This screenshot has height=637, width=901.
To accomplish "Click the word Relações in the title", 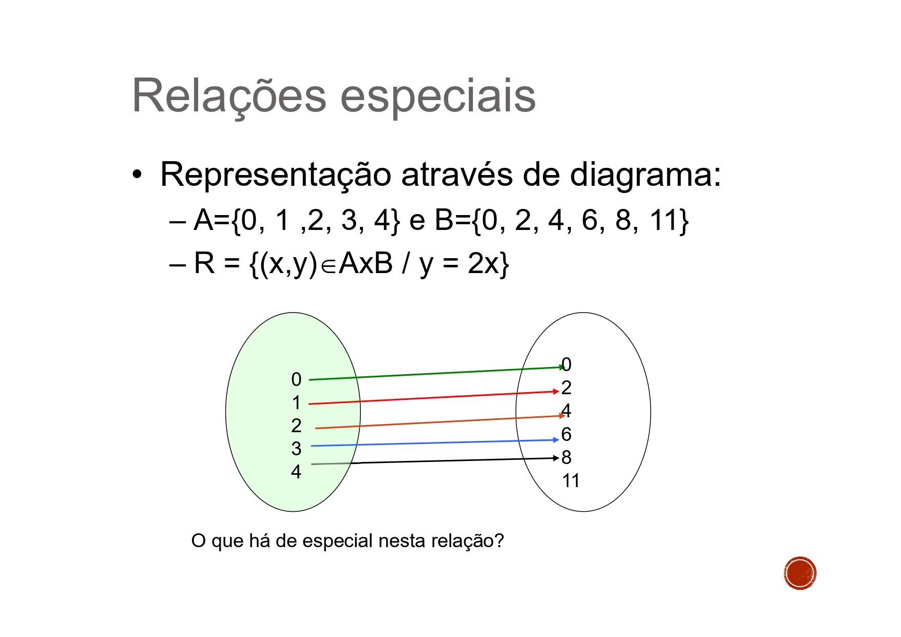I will pyautogui.click(x=229, y=96).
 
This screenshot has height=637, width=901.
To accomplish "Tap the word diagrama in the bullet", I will pyautogui.click(x=642, y=175).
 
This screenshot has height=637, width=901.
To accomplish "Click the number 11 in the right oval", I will pyautogui.click(x=570, y=481).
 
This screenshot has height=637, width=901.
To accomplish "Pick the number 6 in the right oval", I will pyautogui.click(x=566, y=435).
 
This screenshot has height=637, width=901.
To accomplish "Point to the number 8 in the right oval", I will pyautogui.click(x=567, y=457).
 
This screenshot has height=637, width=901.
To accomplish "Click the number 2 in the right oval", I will pyautogui.click(x=566, y=388).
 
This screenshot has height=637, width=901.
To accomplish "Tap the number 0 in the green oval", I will pyautogui.click(x=296, y=380).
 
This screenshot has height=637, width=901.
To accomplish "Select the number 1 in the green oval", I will pyautogui.click(x=296, y=403).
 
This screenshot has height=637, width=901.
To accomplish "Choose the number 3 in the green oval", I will pyautogui.click(x=296, y=449).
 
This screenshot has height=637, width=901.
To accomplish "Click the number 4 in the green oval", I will pyautogui.click(x=296, y=472).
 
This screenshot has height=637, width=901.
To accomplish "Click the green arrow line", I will pyautogui.click(x=436, y=373).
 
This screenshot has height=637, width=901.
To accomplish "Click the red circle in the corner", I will pyautogui.click(x=800, y=573).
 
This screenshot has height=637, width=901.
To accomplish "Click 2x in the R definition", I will pyautogui.click(x=482, y=264).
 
